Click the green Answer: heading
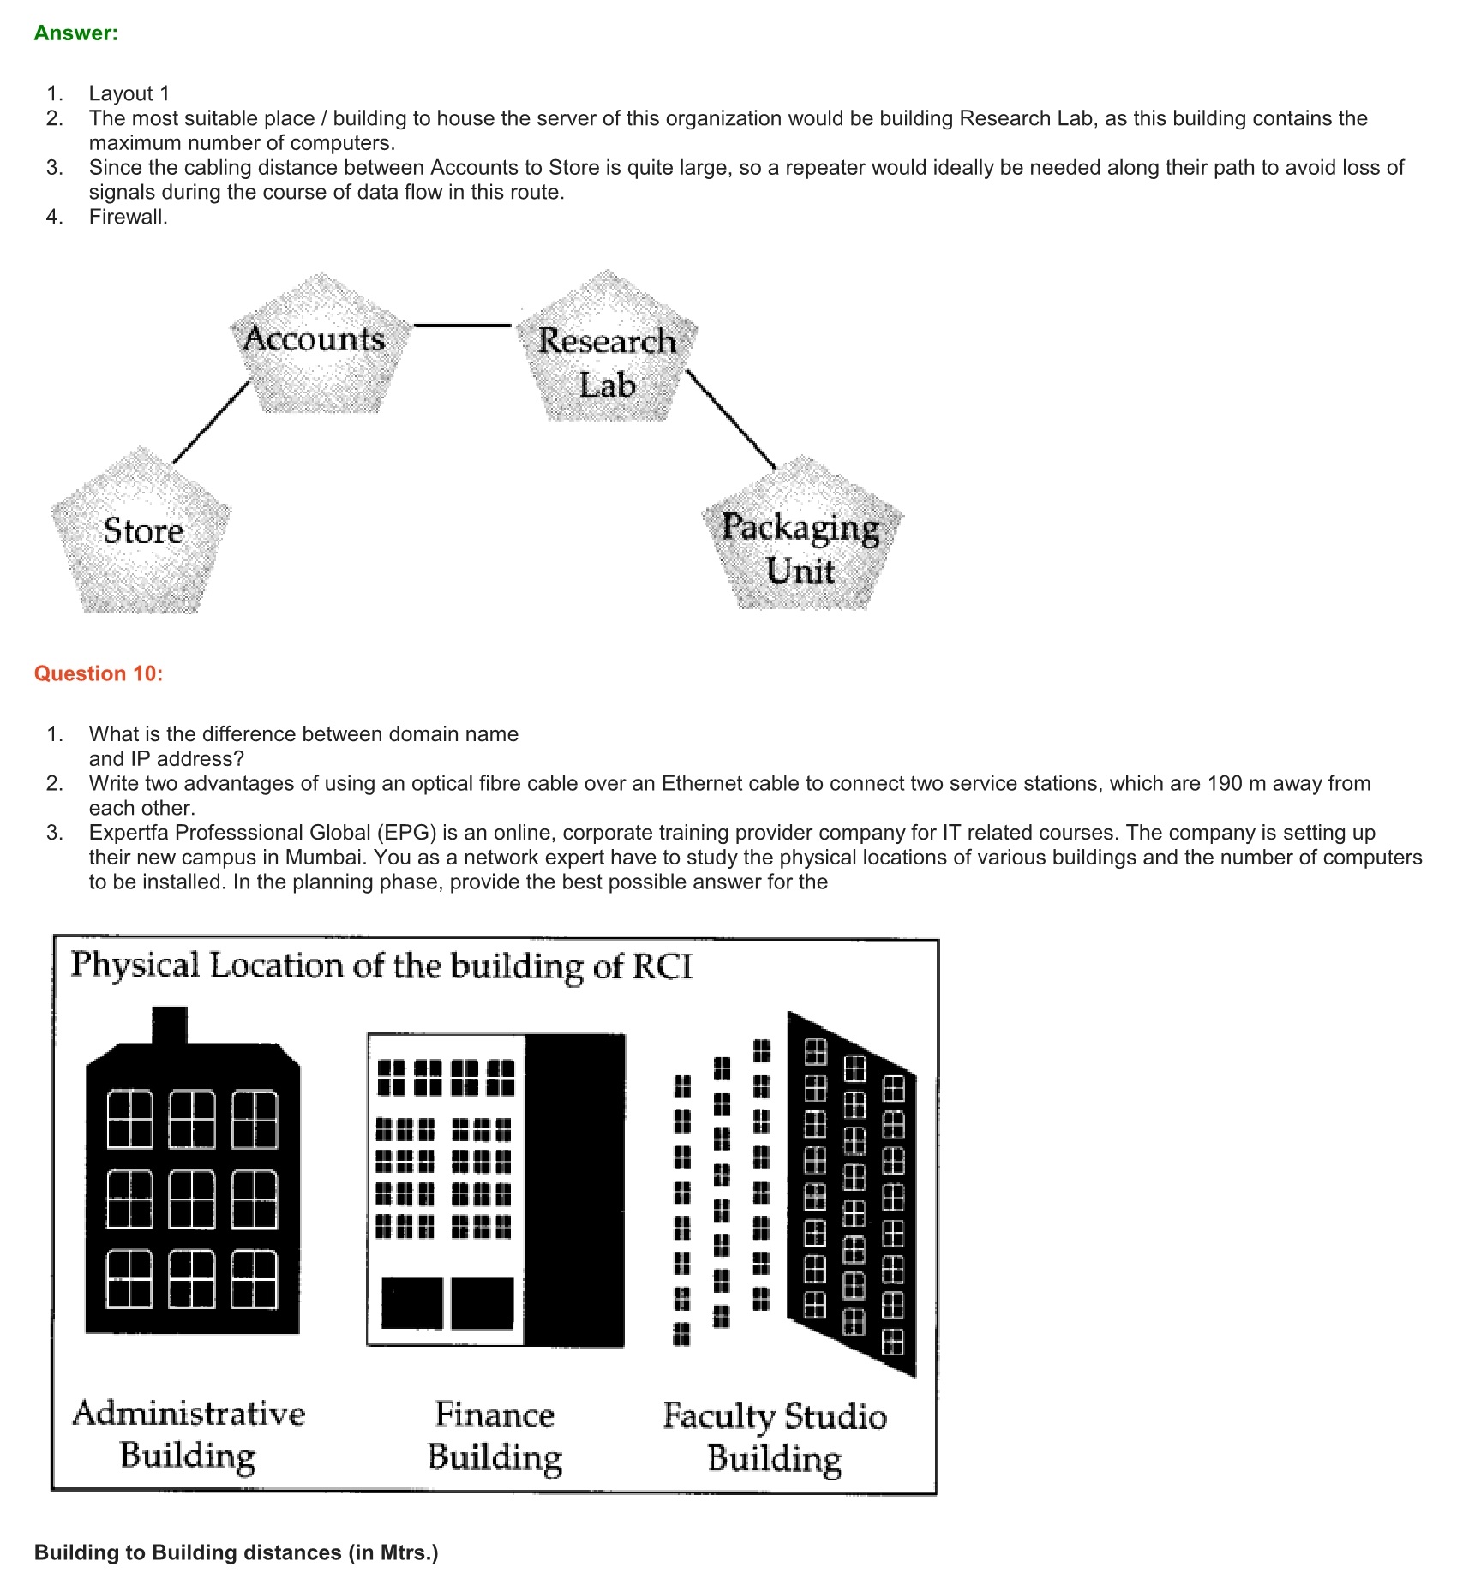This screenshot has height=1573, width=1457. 75,33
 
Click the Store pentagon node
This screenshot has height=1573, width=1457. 142,532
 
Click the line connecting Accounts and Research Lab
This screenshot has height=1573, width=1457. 463,326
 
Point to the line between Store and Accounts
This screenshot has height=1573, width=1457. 211,423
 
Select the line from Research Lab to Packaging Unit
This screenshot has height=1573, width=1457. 732,420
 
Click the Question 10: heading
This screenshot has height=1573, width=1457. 98,673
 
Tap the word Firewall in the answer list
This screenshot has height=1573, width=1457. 127,217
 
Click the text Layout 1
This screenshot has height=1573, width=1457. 129,93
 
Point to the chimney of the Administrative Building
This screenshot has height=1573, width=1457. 170,1025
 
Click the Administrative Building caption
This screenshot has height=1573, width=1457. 189,1434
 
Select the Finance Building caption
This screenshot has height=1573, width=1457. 495,1436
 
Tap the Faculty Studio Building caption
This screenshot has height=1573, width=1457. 774,1437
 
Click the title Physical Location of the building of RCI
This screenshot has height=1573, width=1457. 381,966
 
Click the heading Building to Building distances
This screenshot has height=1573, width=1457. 236,1552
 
